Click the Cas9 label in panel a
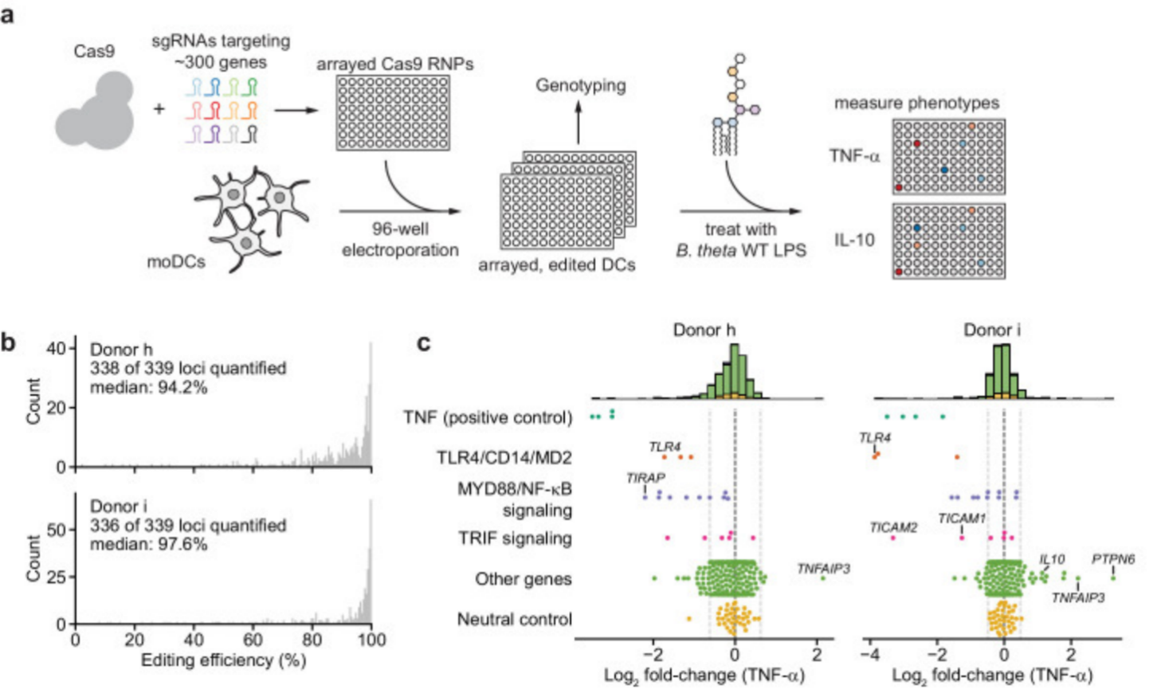click(94, 52)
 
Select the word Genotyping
click(580, 85)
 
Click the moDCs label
click(175, 262)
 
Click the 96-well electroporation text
click(400, 239)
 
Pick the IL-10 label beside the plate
click(854, 240)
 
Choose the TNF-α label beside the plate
click(854, 156)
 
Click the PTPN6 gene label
click(1112, 559)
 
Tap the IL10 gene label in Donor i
click(1052, 559)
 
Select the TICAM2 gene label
click(893, 527)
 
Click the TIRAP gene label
click(645, 478)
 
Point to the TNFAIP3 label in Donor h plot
click(823, 569)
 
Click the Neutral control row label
click(514, 619)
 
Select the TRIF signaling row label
click(515, 538)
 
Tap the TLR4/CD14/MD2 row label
click(504, 457)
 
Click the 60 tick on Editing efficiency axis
click(253, 640)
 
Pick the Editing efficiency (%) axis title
click(223, 660)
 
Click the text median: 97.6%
click(148, 544)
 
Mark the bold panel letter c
click(424, 343)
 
